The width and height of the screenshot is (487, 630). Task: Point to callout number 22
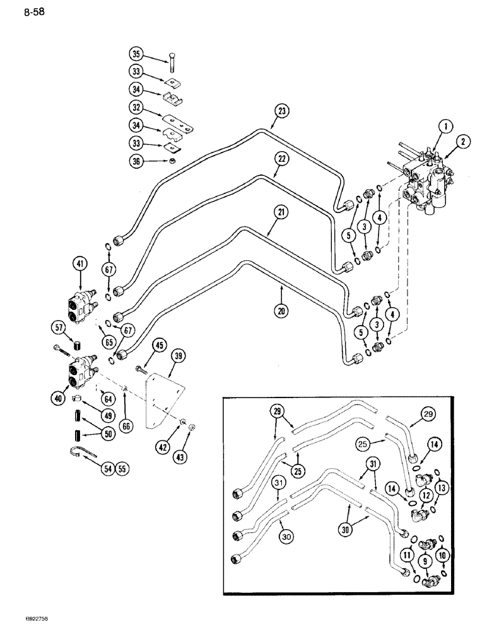(x=282, y=159)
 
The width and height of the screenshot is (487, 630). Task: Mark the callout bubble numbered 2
(x=466, y=142)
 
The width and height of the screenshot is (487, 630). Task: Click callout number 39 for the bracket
(x=179, y=357)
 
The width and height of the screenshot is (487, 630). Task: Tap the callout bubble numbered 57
(x=59, y=327)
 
